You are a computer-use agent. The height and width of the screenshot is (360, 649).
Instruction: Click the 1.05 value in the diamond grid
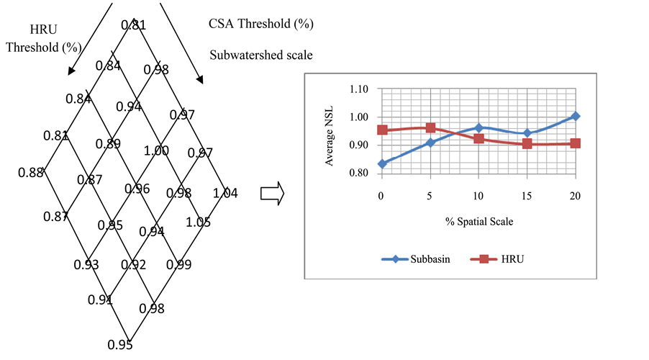click(x=198, y=222)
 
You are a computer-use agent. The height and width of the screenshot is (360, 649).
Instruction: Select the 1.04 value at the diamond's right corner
click(x=225, y=193)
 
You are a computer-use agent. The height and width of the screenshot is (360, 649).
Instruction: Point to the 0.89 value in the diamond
click(x=108, y=143)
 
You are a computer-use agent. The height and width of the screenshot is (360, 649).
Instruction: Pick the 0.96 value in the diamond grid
click(x=137, y=189)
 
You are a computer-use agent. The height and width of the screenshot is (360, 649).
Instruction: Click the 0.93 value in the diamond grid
click(x=86, y=264)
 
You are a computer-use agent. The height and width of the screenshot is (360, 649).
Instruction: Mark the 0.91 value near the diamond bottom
click(x=100, y=299)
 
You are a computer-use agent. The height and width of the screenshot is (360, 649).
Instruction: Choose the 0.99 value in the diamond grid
click(x=178, y=264)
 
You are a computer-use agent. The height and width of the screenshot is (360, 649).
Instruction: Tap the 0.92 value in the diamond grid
click(x=133, y=264)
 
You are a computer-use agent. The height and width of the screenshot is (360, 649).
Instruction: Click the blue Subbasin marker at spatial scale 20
click(x=576, y=116)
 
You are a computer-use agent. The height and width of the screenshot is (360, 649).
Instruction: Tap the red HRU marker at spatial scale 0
click(x=382, y=130)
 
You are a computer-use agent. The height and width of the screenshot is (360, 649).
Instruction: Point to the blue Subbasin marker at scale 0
click(x=382, y=164)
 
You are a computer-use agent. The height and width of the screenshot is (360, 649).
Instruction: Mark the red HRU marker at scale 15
click(x=527, y=143)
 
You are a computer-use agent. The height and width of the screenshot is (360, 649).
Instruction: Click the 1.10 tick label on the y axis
click(x=358, y=89)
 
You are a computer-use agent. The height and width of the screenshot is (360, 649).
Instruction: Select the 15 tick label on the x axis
click(x=527, y=195)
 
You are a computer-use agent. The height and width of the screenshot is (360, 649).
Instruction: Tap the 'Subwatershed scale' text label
click(x=261, y=55)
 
